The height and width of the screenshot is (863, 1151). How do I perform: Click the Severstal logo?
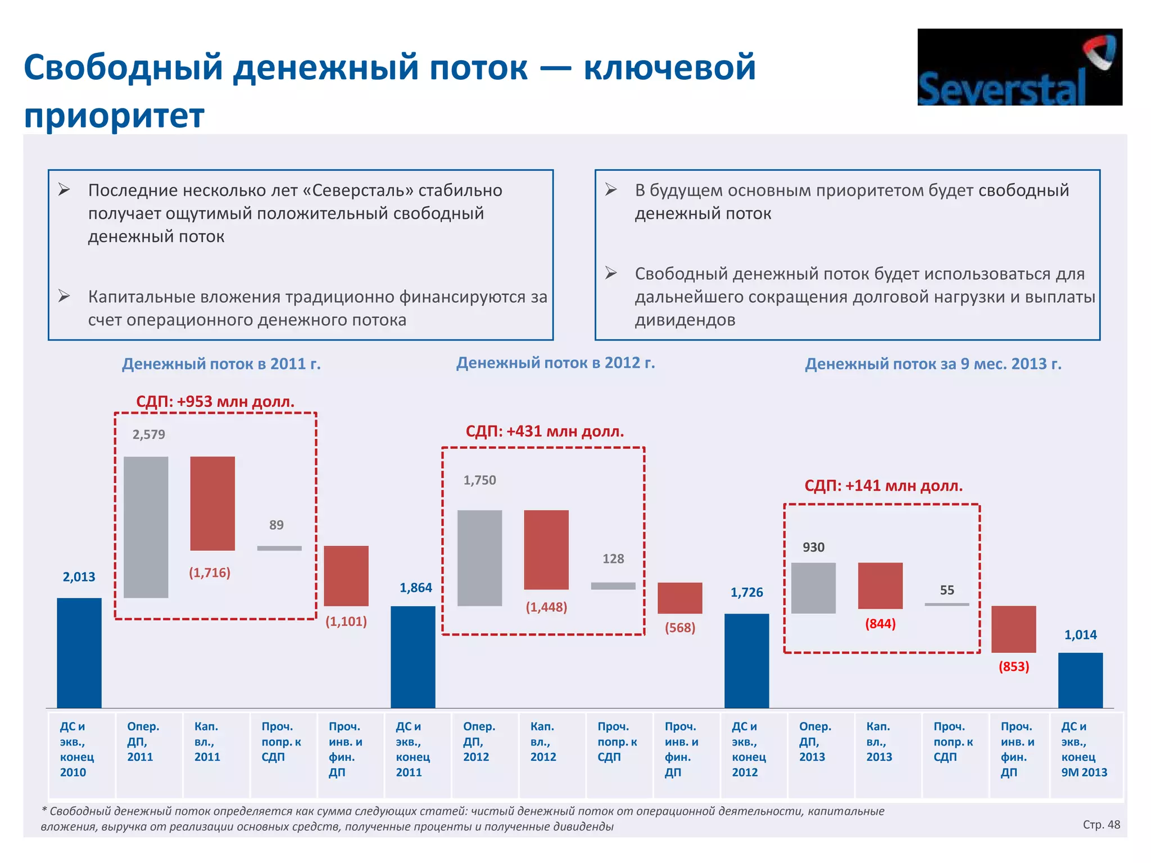tap(1019, 67)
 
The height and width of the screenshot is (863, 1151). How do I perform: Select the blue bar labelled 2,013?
tap(79, 652)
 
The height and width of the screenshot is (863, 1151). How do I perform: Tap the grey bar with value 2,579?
tap(146, 526)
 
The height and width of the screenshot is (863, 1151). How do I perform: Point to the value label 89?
tap(276, 525)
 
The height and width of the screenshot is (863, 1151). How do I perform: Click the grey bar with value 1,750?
tap(479, 557)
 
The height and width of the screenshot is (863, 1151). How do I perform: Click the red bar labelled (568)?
tap(679, 598)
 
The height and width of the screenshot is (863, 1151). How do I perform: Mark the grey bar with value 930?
tap(813, 588)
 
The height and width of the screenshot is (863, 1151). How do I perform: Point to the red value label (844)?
tap(880, 624)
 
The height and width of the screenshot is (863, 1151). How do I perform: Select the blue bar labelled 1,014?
tap(1080, 680)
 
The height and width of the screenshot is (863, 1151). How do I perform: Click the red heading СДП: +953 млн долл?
tap(215, 401)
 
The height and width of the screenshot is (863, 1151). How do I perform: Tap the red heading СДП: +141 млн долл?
tap(883, 485)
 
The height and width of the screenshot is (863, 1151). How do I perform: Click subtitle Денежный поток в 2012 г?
tap(555, 363)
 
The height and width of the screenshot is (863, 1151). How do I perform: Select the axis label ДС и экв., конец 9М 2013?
tap(1084, 749)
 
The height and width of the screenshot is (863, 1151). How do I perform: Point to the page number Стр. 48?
tap(1101, 824)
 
